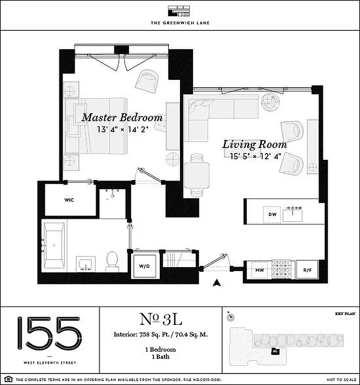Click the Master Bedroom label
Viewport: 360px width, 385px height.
(122, 117)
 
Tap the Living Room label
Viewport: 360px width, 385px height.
(254, 144)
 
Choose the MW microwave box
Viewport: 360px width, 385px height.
(258, 270)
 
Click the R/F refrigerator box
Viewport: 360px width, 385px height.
(307, 270)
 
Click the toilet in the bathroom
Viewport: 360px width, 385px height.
(112, 260)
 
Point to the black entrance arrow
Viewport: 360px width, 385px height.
(217, 283)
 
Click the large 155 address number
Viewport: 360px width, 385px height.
(49, 333)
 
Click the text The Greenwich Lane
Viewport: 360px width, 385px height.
(180, 23)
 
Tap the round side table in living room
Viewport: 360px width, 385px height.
(271, 100)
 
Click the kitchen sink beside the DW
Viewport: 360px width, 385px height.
(292, 214)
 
